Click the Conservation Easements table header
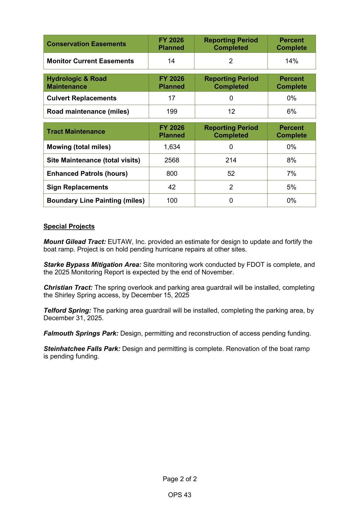tap(86, 44)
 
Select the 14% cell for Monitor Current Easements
tap(291, 61)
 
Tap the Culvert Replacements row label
tap(81, 98)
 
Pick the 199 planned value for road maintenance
tap(172, 111)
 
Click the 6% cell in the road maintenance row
tap(291, 111)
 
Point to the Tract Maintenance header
tap(76, 131)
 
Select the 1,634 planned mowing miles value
tap(172, 147)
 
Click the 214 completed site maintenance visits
tap(231, 160)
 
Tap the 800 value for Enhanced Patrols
tap(172, 173)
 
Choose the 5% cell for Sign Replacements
tap(291, 187)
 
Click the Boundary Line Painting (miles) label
tap(96, 200)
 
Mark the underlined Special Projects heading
tap(69, 226)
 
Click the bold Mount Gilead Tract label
tap(75, 242)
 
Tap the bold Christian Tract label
tap(68, 287)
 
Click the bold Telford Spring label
tap(67, 310)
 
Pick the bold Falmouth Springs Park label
tap(81, 333)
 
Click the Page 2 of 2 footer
tap(180, 479)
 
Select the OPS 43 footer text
tap(180, 495)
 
